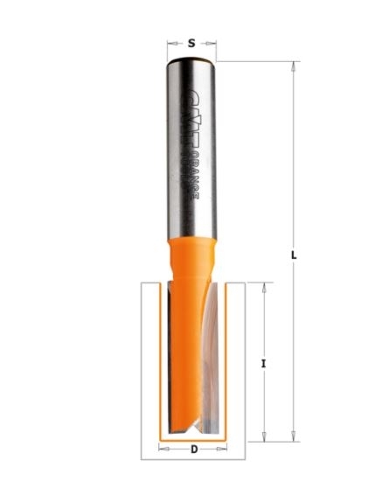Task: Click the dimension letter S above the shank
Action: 191,41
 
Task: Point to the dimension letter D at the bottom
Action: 191,450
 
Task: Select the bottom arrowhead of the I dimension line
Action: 263,436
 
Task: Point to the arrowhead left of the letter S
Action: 170,41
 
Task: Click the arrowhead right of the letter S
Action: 212,41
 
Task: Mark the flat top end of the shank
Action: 191,59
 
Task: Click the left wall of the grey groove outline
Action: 143,367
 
